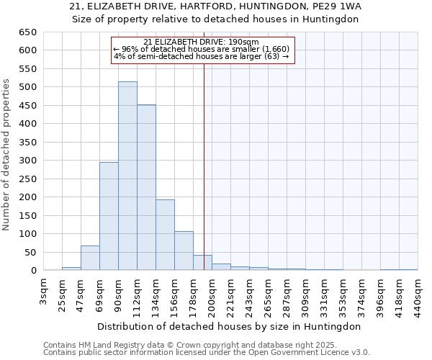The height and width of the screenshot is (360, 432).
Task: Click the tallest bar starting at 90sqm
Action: tap(127, 176)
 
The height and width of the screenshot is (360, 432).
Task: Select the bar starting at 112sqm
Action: tap(146, 188)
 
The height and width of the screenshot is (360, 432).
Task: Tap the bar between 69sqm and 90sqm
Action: tap(109, 216)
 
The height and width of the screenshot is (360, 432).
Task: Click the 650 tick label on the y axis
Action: tap(27, 32)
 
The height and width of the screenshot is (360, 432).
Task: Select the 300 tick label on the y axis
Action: tap(27, 161)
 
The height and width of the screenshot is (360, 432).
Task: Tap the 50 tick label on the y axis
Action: tap(30, 253)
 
